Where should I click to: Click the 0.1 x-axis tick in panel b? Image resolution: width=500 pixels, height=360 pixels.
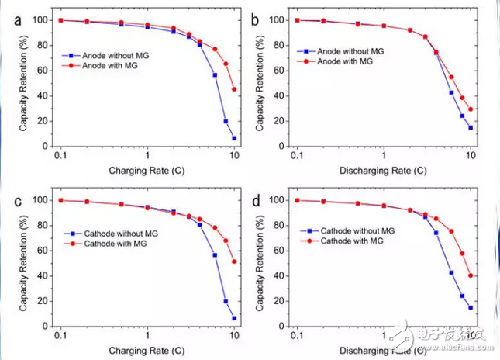(296, 156)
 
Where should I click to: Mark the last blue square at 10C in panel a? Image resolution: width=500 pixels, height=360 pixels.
(234, 138)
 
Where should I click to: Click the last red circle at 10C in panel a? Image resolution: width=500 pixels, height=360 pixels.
(234, 89)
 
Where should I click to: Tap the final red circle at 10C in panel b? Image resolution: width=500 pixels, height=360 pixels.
(471, 109)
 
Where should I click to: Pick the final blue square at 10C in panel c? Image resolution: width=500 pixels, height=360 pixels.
(234, 318)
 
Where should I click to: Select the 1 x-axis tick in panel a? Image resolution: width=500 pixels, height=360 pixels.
(147, 156)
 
